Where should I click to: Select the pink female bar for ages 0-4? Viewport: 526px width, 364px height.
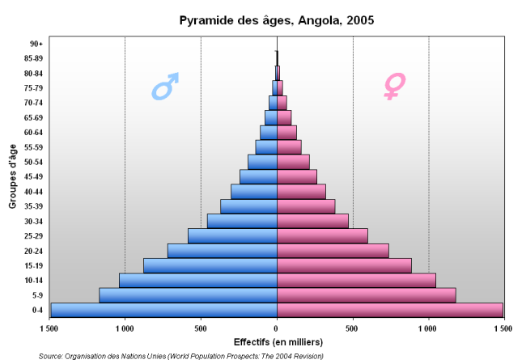coord(389,310)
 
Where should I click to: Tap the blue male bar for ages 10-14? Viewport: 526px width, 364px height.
coord(198,280)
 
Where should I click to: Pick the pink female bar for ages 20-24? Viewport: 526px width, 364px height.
coord(333,251)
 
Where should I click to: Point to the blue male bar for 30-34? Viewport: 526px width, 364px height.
coord(242,221)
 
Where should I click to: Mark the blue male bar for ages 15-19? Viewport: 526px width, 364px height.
coord(210,265)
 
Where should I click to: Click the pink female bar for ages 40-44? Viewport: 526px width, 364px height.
coord(301,192)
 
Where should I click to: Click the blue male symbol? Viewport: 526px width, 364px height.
coord(165,86)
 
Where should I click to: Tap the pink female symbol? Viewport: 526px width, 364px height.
coord(394,86)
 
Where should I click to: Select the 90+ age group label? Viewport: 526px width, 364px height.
coord(36,44)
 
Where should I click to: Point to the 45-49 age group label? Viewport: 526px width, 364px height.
coord(34,177)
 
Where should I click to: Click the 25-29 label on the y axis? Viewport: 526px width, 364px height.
coord(34,236)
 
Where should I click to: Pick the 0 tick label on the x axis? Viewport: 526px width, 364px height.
coord(277,328)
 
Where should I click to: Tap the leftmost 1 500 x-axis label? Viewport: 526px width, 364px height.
coord(50,328)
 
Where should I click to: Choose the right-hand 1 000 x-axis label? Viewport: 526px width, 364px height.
coord(428,328)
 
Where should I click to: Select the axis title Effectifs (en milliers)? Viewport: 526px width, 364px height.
coord(276,341)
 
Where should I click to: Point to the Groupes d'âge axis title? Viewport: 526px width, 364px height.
coord(14,176)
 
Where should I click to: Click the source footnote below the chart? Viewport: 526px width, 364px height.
coord(181,356)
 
